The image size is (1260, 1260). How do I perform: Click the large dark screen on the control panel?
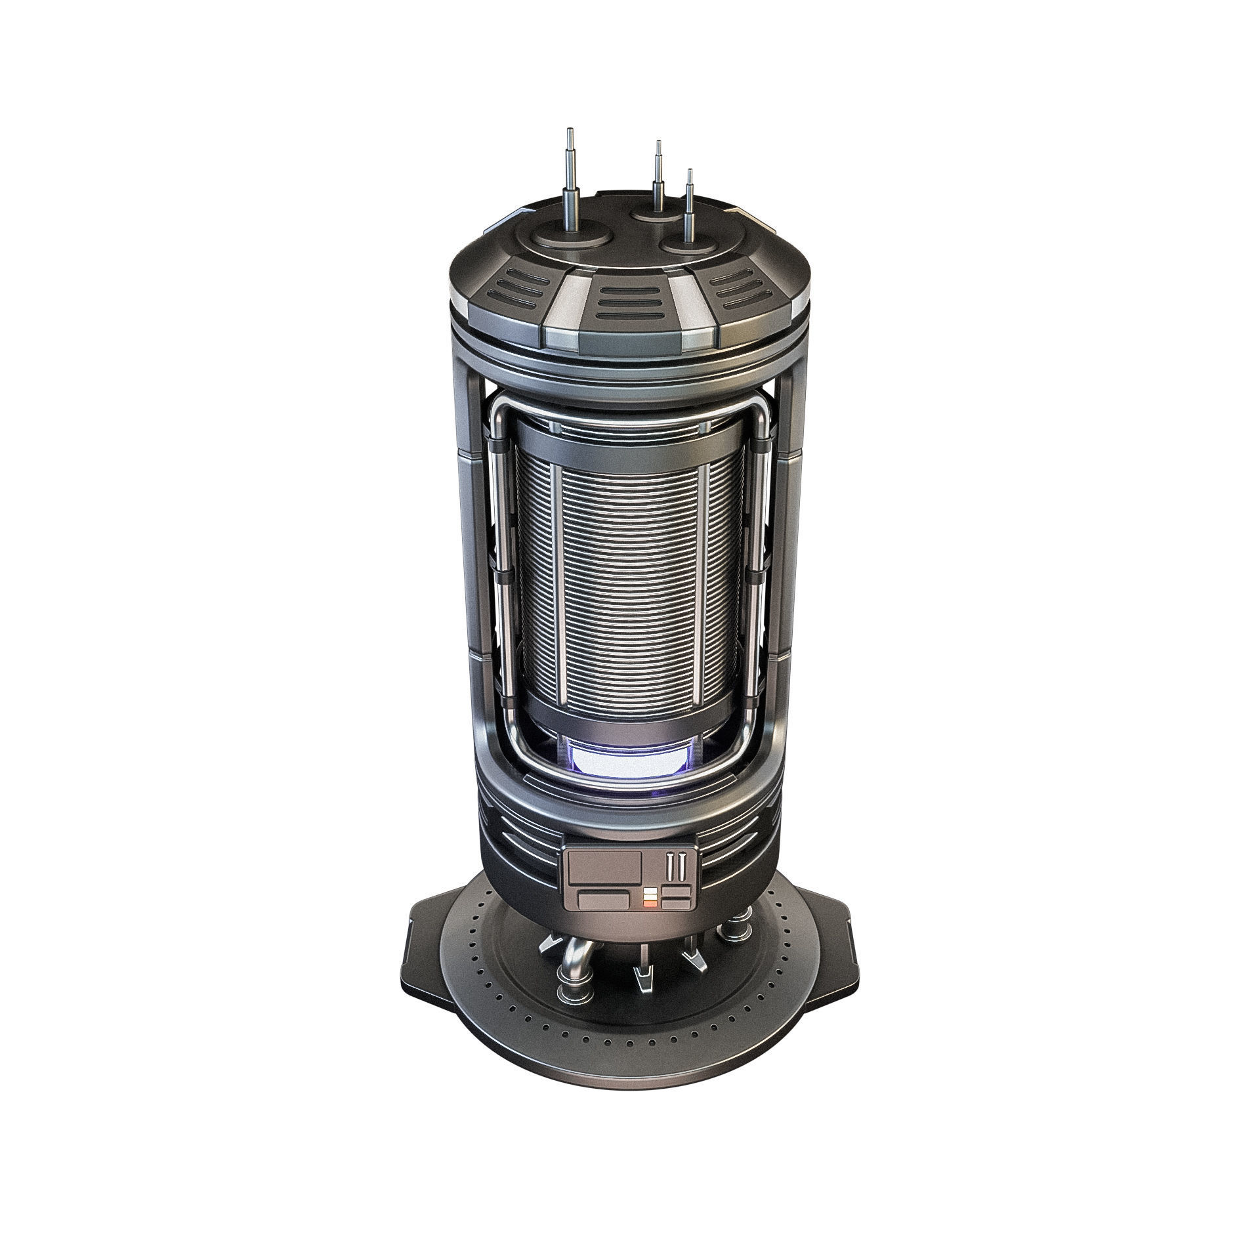[604, 866]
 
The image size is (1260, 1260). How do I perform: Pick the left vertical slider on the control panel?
[669, 868]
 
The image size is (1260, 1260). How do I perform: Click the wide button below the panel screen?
[602, 900]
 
